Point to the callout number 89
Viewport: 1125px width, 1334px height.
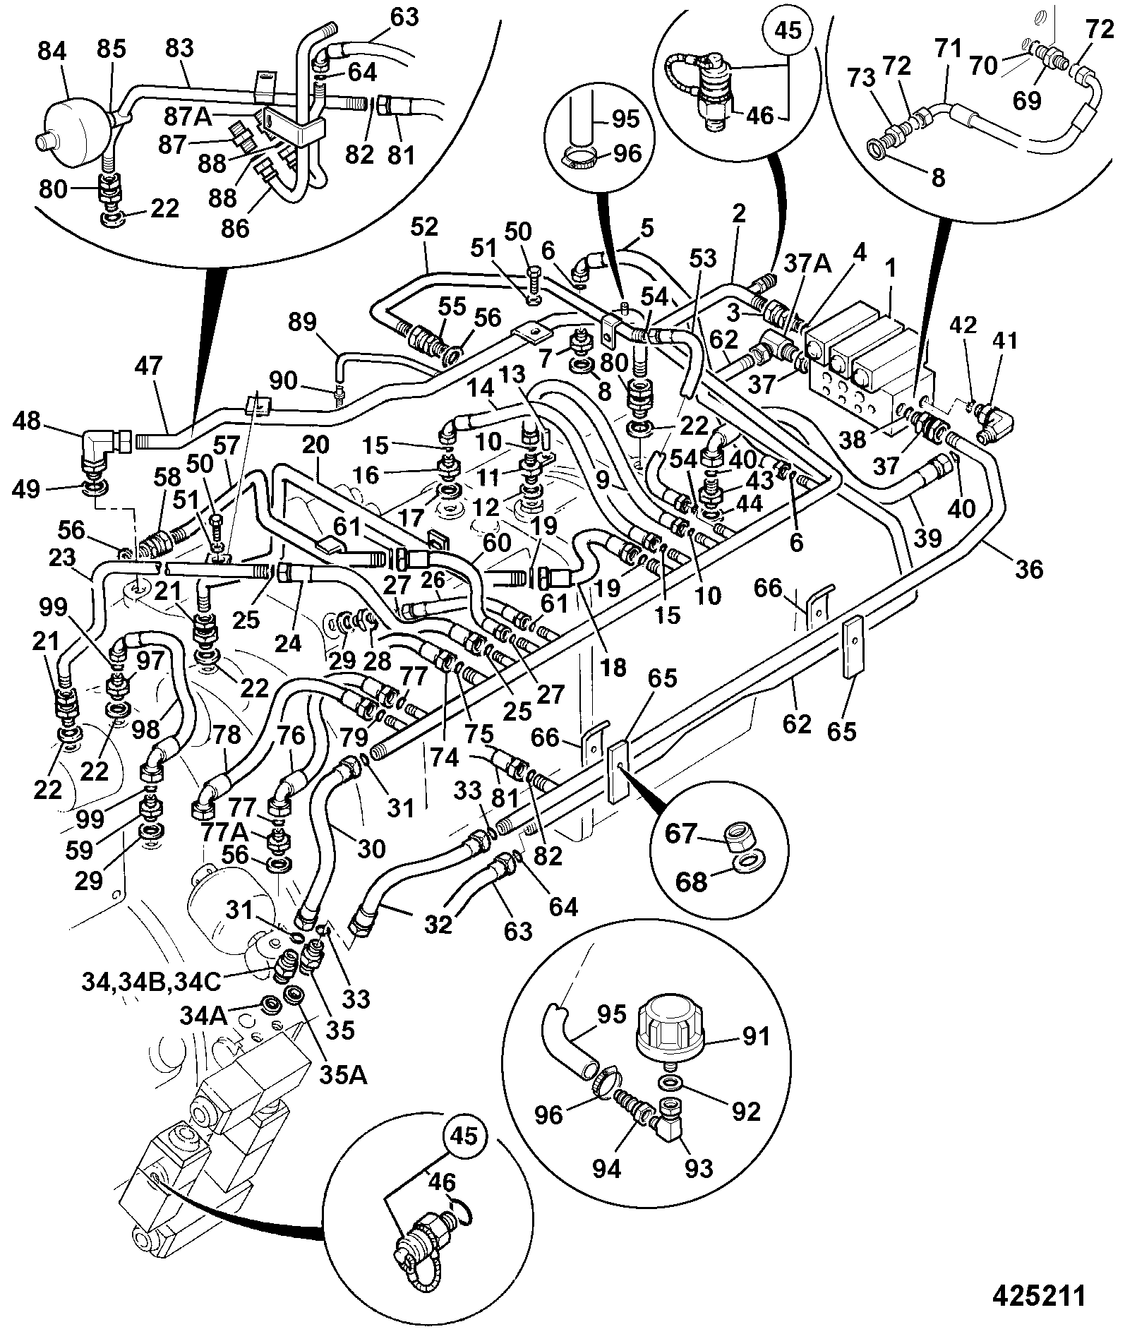coord(303,323)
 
